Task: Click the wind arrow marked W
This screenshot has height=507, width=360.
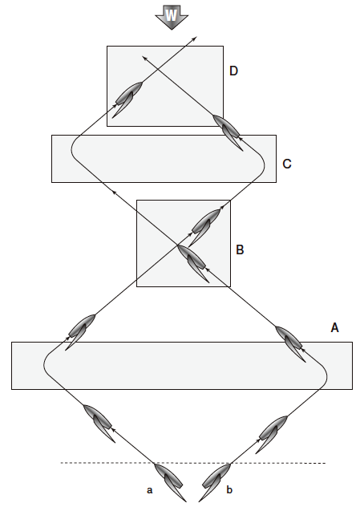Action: (172, 17)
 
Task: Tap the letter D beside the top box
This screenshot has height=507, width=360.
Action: (233, 71)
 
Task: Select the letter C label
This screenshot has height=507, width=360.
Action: (287, 164)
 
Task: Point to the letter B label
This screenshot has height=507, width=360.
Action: (240, 250)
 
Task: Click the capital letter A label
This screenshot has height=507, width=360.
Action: (334, 328)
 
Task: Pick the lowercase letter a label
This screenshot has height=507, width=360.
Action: (149, 490)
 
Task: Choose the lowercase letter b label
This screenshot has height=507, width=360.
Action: (229, 489)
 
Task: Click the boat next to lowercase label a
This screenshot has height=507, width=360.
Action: (169, 481)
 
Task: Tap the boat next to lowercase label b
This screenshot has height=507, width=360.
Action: (215, 481)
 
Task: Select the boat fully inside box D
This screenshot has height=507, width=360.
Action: (127, 99)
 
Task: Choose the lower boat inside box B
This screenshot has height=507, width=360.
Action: (192, 262)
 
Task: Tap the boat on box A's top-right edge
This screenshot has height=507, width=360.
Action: (289, 343)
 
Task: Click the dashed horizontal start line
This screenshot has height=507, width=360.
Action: (193, 463)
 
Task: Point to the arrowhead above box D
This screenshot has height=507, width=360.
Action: (195, 39)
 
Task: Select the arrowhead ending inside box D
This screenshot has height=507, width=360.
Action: (145, 59)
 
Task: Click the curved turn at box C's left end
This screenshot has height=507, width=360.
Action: (74, 149)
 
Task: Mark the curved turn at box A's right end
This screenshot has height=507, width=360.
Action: (325, 375)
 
